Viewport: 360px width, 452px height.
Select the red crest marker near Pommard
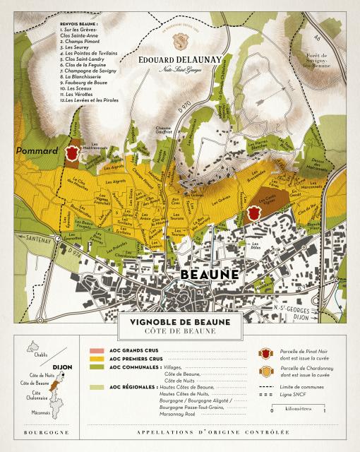click(x=71, y=153)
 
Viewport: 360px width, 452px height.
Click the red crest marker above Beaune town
click(x=256, y=210)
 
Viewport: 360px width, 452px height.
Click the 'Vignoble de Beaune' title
click(x=180, y=322)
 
